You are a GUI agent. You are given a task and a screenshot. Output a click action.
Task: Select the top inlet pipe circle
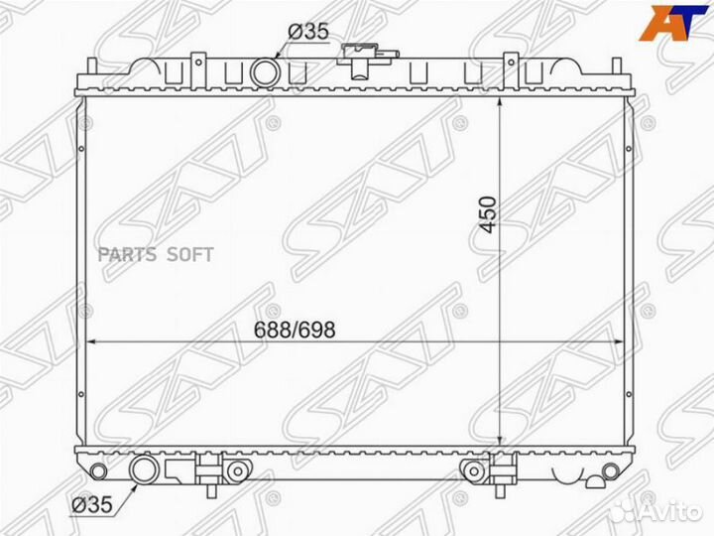click(x=266, y=72)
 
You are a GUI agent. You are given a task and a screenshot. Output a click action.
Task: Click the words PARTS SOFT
click(x=156, y=254)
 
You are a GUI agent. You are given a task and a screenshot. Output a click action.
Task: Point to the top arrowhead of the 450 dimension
click(x=502, y=102)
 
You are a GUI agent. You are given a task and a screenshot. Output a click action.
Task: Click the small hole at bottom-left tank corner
click(x=96, y=468)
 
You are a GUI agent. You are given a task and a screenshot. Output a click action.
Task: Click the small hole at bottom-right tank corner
click(x=622, y=468)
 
